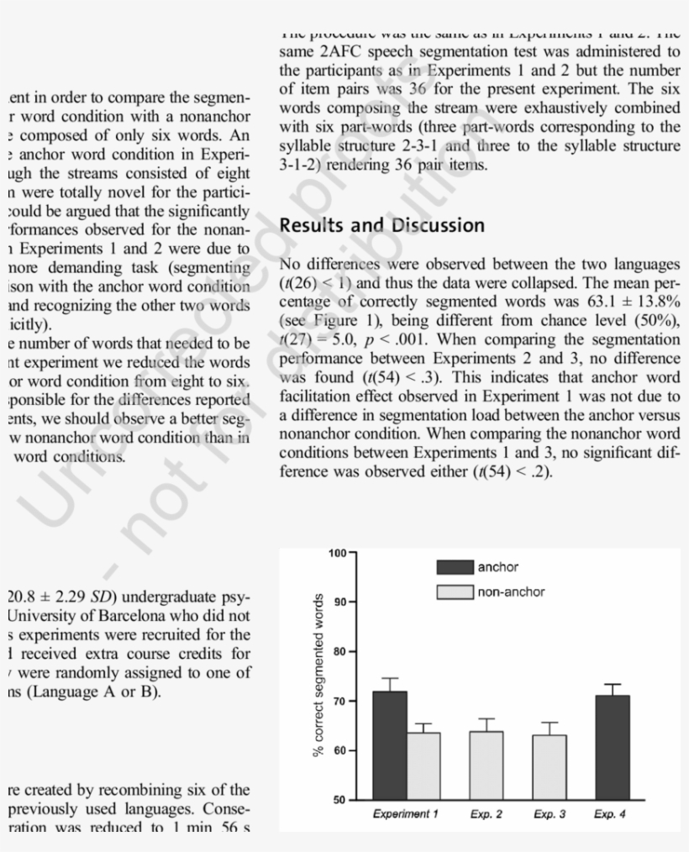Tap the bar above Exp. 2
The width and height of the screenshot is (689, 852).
[x=487, y=765]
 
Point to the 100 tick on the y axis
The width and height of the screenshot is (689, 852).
[x=336, y=552]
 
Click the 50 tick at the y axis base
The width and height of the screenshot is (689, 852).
[x=339, y=799]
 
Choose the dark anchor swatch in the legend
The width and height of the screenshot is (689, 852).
[x=455, y=568]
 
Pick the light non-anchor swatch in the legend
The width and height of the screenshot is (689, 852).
[x=455, y=592]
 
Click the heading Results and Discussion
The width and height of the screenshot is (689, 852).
[x=381, y=225]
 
